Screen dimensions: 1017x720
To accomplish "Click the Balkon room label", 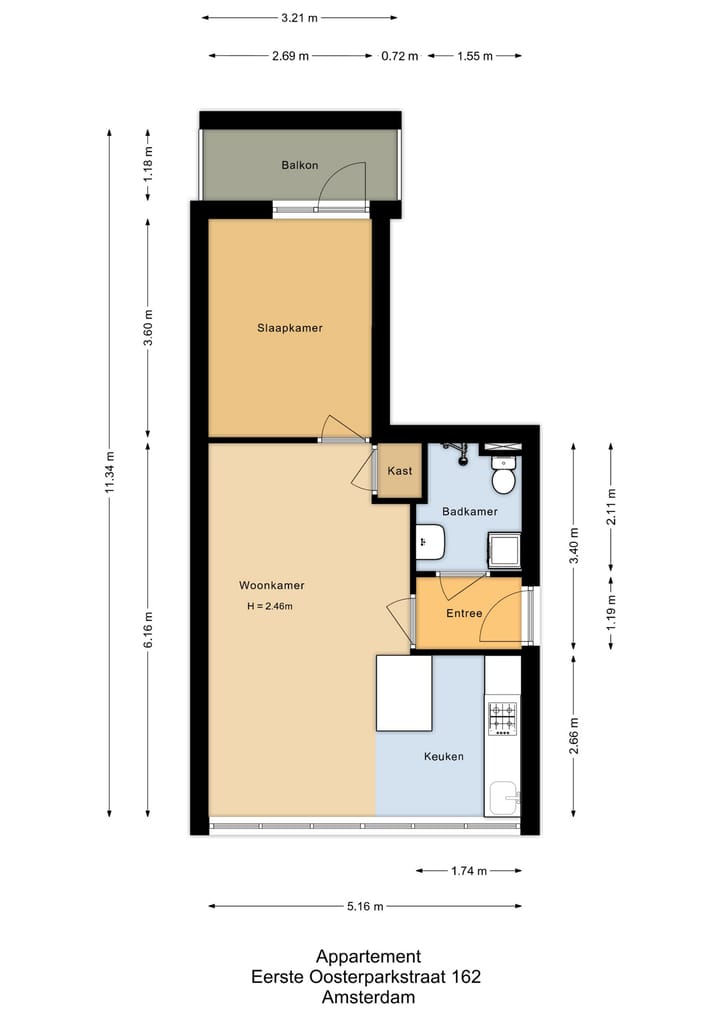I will click(x=299, y=165).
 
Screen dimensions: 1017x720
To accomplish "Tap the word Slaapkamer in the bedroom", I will click(x=290, y=327).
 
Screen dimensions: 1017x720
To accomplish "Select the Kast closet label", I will click(x=400, y=471).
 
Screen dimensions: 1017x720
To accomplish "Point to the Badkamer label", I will click(x=469, y=511).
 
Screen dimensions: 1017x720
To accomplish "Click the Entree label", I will click(x=464, y=614).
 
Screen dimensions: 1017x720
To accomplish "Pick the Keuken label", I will click(x=443, y=757).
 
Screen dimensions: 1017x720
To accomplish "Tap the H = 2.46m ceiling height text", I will click(x=269, y=606).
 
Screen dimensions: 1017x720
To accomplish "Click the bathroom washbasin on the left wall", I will click(x=431, y=542).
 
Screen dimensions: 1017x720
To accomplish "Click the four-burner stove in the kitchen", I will click(x=502, y=718).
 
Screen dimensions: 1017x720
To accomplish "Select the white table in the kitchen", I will click(x=404, y=692).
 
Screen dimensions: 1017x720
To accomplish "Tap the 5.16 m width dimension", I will click(x=364, y=907).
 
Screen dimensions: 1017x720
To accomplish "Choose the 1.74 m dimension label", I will click(x=468, y=871).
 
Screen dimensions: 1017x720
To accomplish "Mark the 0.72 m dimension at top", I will click(x=399, y=56).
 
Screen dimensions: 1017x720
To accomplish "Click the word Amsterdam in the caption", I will click(x=368, y=996).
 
